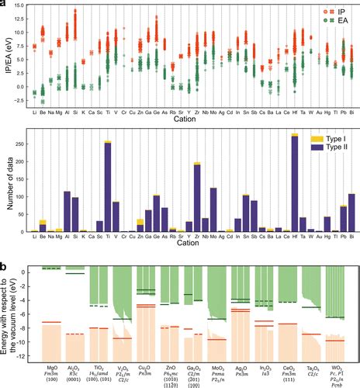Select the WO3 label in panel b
[x=335, y=360]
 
